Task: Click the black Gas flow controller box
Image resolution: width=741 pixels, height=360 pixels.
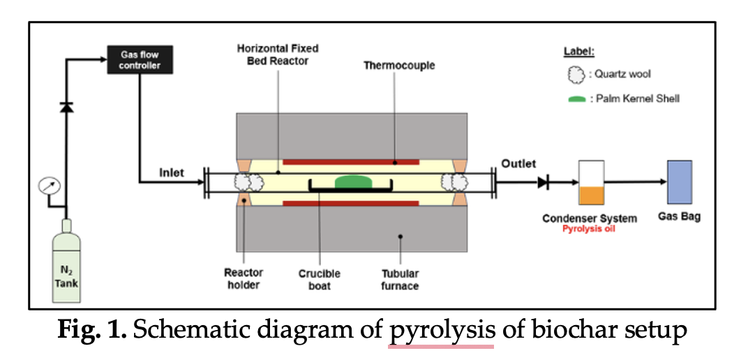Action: (140, 60)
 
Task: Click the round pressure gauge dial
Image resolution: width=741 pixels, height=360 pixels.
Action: (49, 186)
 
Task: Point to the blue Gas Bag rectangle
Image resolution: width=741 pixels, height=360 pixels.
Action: (680, 182)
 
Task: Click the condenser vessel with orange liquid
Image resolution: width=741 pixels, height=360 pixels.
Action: (591, 182)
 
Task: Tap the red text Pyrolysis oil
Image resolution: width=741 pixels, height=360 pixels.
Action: (588, 229)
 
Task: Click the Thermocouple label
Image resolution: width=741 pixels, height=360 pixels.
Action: (399, 66)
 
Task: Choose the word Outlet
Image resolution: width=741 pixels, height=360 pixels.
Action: (519, 164)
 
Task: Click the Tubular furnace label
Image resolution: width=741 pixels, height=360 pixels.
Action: (400, 280)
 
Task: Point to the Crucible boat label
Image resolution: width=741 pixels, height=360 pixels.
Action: (320, 280)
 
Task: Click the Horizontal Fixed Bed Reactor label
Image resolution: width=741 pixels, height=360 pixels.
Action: (278, 55)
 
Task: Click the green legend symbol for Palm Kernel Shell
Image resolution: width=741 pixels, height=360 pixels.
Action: (576, 99)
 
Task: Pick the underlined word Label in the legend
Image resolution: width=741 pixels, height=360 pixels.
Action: (579, 52)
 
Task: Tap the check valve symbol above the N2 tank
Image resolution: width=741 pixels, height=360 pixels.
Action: (66, 107)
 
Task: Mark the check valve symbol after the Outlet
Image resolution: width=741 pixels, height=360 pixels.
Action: (543, 182)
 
